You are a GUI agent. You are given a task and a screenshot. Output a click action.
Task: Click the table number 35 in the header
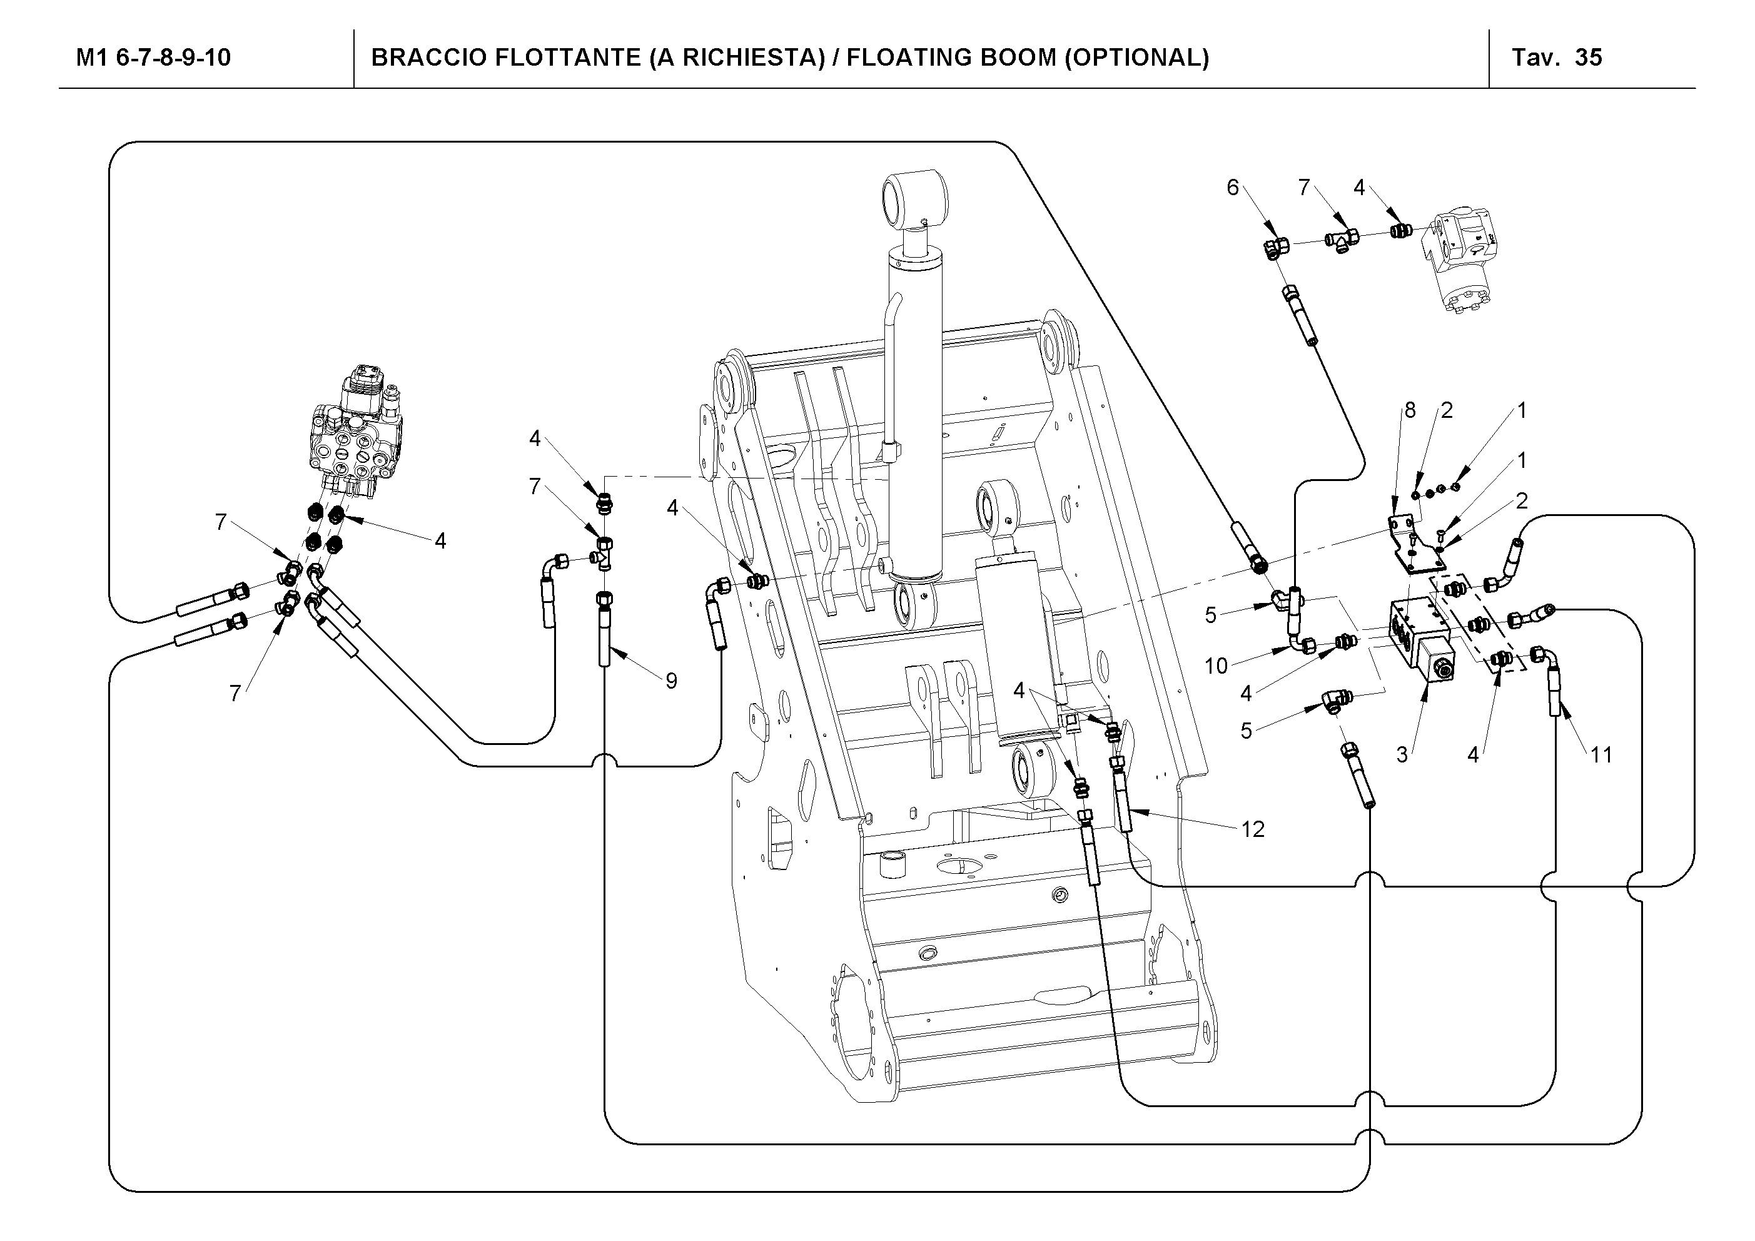coord(1589,58)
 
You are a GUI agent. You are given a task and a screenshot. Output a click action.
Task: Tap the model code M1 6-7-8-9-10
coord(153,58)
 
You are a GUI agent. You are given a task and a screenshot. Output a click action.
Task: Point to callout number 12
coord(1253,829)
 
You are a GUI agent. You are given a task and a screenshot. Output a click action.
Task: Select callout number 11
coord(1601,756)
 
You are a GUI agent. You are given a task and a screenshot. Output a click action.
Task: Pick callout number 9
coord(671,681)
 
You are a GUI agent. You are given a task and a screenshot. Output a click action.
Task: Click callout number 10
coord(1216,666)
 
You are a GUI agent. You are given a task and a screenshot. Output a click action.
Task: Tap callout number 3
coord(1402,755)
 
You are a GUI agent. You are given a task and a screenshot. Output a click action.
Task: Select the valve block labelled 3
coord(1420,639)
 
